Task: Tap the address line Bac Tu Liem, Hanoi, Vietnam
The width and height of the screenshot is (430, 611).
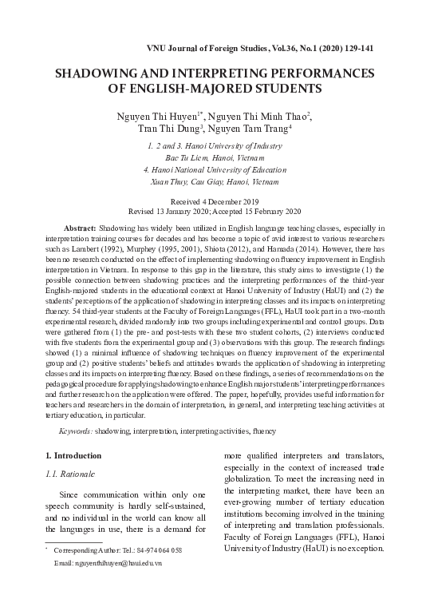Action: click(215, 158)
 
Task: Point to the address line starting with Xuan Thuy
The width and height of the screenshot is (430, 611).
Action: click(215, 182)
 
